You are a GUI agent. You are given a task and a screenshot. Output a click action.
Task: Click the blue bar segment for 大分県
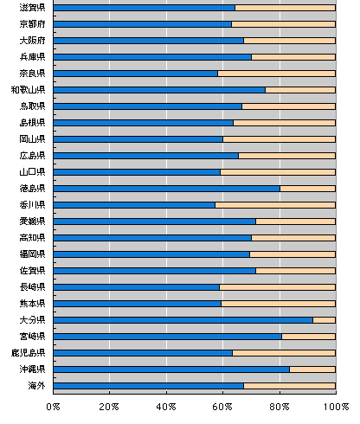tap(183, 320)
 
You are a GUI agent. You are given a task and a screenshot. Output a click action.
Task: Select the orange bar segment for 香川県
tap(275, 205)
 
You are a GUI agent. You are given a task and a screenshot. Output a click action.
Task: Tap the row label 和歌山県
tap(29, 90)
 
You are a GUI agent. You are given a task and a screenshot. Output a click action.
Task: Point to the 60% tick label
tap(222, 407)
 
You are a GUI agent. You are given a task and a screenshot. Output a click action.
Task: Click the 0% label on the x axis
tap(53, 407)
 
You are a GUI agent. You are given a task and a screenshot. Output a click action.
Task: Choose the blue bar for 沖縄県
tap(171, 369)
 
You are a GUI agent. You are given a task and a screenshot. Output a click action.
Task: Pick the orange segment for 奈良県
tap(277, 74)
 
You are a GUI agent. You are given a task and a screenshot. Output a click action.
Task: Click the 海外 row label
tap(36, 386)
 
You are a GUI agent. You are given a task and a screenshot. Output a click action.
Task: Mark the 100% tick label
tap(336, 407)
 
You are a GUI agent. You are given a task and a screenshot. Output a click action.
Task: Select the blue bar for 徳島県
tap(167, 189)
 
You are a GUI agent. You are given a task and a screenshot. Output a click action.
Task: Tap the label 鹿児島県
tap(29, 353)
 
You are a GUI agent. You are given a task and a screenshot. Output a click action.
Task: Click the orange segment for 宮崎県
tap(309, 337)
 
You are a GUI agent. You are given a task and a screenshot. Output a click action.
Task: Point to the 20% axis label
tap(109, 407)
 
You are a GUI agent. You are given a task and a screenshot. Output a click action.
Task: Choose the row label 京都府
tap(32, 24)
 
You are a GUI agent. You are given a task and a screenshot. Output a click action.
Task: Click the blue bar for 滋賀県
tap(145, 8)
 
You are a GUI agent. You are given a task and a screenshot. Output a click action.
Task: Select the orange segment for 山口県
tap(278, 172)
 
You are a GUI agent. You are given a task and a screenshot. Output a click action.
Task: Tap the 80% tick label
tap(280, 407)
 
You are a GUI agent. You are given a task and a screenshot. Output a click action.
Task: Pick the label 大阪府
tap(32, 41)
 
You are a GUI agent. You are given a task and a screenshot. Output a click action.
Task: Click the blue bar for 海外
tap(149, 386)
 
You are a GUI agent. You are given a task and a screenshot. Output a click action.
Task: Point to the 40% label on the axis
tap(166, 407)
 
